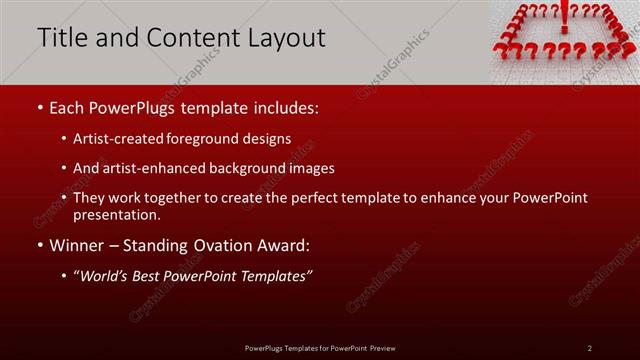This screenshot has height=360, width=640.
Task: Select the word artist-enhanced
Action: tap(151, 169)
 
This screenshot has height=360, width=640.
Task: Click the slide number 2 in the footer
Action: tap(590, 348)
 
